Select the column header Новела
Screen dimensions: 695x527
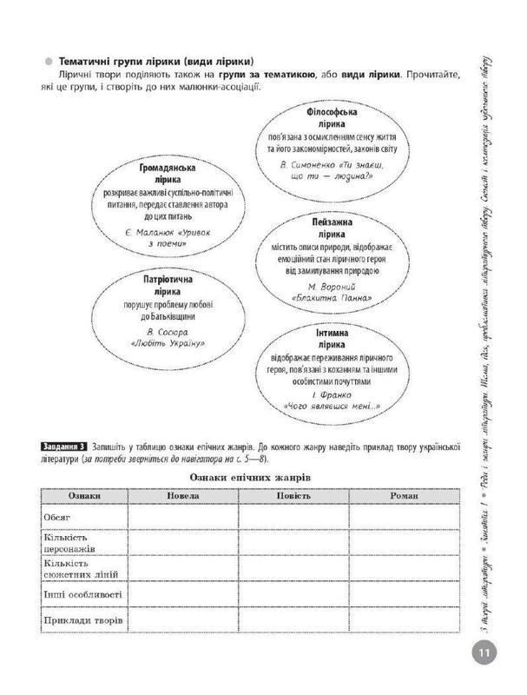(x=181, y=494)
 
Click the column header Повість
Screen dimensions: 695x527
(x=293, y=494)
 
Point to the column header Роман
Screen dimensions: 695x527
(x=405, y=494)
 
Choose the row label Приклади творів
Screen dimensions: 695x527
(x=83, y=621)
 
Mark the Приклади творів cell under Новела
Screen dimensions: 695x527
(x=181, y=622)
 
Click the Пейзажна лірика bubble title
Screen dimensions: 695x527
(x=326, y=228)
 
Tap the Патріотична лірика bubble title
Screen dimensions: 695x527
(x=153, y=288)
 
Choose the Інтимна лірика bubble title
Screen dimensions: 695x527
(x=326, y=340)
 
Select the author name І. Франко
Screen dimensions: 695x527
(x=326, y=394)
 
